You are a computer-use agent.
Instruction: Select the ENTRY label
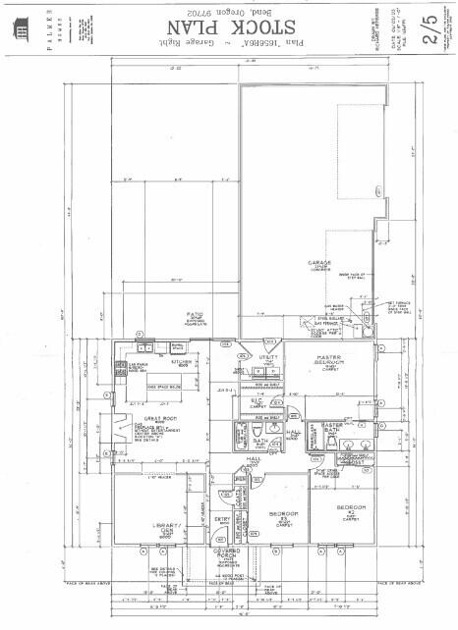pos(222,521)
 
